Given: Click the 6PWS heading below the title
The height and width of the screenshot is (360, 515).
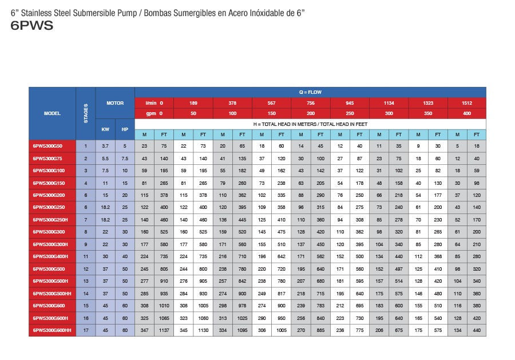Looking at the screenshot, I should tap(32, 25).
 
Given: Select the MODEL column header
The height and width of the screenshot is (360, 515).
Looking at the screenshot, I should tap(52, 113).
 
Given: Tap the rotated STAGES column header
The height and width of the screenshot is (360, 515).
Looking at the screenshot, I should tap(86, 113).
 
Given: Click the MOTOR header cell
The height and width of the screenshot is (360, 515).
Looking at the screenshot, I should tap(115, 103).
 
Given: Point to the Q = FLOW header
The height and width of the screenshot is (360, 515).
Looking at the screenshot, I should tap(310, 92).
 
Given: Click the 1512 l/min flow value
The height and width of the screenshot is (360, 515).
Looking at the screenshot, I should tap(466, 103).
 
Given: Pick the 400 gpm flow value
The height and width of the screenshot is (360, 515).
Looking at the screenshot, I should tap(466, 113).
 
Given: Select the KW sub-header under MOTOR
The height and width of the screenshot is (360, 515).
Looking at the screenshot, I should tap(105, 129).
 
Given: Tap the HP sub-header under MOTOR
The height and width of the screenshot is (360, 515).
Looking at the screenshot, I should tap(125, 129).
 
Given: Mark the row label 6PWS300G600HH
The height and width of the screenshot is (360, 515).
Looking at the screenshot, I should tap(51, 331).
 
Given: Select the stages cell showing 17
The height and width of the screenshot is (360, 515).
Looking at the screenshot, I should tap(86, 331).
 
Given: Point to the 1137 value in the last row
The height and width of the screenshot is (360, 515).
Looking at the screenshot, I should tap(164, 331).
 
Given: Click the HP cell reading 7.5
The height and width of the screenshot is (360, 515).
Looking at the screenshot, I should tap(125, 158).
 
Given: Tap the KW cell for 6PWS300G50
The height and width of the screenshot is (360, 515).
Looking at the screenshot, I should tap(105, 146).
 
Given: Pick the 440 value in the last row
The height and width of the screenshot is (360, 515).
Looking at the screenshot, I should tap(476, 331).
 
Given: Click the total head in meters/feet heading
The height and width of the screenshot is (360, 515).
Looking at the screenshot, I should tap(310, 124).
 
